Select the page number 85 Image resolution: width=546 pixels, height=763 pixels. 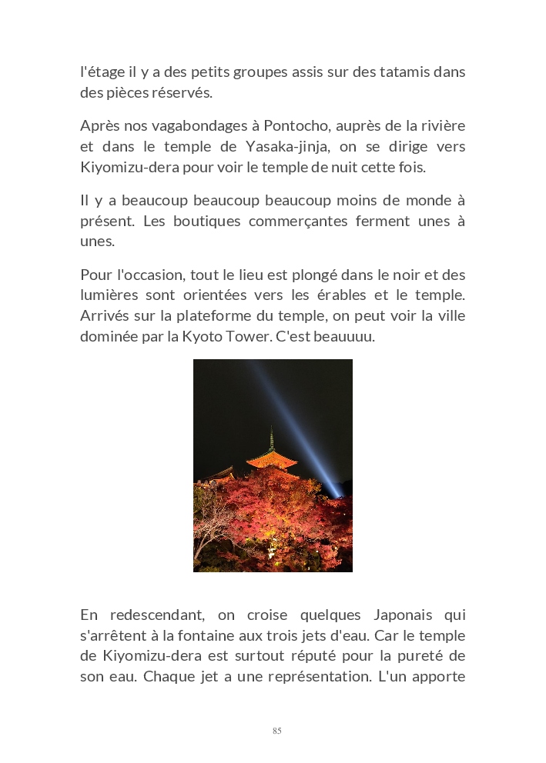(x=276, y=731)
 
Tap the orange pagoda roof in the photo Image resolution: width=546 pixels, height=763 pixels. (x=271, y=460)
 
